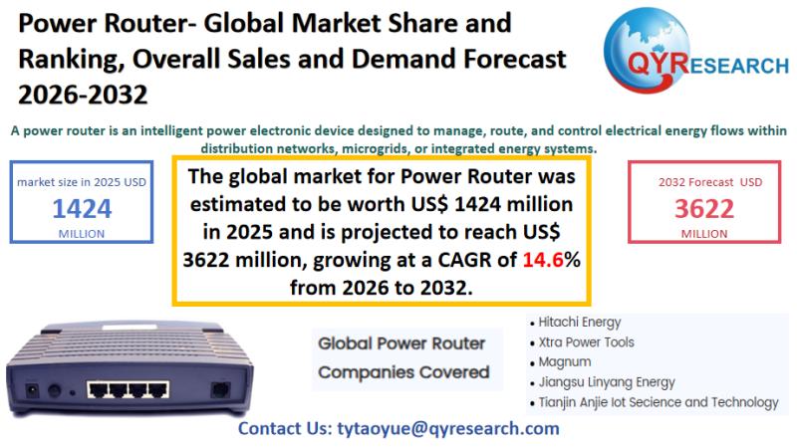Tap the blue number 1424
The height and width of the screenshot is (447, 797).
[82, 208]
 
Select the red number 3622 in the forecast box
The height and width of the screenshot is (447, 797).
[704, 208]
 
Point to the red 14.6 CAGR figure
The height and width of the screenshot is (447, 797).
[543, 260]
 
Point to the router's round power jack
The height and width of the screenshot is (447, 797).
[54, 390]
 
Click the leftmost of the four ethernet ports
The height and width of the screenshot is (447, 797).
[98, 390]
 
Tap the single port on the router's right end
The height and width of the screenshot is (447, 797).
[220, 390]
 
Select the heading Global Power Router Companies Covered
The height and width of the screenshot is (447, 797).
[403, 357]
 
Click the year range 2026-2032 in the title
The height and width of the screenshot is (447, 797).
[83, 95]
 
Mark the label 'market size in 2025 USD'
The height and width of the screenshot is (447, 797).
[82, 182]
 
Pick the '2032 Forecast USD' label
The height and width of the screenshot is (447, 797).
[710, 182]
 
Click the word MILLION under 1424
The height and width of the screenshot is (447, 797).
[82, 234]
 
